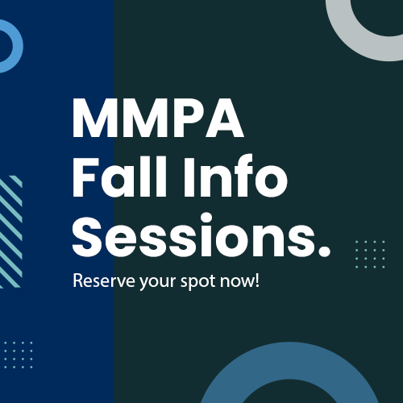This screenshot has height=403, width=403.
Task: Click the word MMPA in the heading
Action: [x=158, y=118]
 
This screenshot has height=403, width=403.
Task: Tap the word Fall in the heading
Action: [x=120, y=177]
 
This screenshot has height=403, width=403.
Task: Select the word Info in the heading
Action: [x=235, y=177]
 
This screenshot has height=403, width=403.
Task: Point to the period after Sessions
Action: [x=324, y=250]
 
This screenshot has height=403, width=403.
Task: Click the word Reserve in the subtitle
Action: [x=104, y=280]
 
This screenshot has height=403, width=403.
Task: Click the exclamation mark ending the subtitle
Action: [x=256, y=280]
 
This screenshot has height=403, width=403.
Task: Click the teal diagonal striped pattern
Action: [x=10, y=231]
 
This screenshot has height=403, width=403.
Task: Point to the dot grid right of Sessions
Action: [x=370, y=254]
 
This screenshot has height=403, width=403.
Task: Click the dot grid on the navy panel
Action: [x=19, y=355]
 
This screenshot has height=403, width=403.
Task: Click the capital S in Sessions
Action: [x=87, y=235]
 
